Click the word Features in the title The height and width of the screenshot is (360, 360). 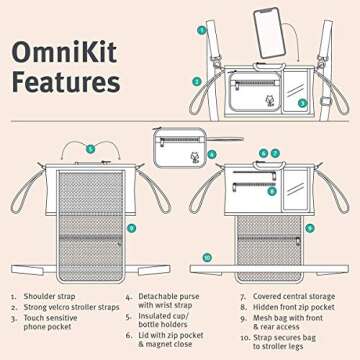pos(67,79)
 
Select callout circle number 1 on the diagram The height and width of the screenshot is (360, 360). pos(203,30)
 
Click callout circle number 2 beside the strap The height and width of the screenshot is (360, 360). pos(197,80)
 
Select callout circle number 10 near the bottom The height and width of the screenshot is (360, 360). pos(207,256)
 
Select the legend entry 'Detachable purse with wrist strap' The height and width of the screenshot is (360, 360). pos(167,302)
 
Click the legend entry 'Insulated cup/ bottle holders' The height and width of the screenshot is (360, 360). pos(164,322)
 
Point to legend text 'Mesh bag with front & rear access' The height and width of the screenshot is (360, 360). pos(290,322)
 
